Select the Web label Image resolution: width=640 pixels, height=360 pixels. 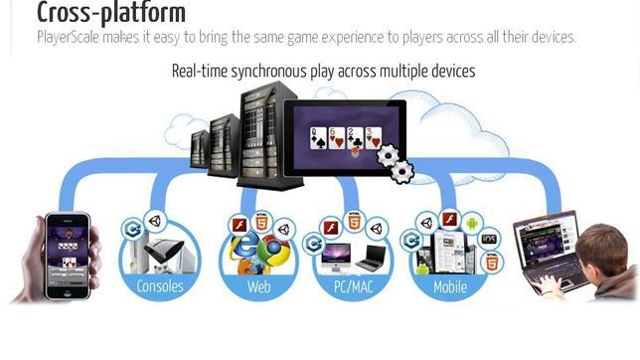pos(258,287)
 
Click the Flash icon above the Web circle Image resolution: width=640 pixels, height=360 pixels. pos(240,224)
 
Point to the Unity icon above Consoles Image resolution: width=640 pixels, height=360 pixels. pos(153,222)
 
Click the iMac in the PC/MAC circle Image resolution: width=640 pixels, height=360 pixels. pos(336,258)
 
